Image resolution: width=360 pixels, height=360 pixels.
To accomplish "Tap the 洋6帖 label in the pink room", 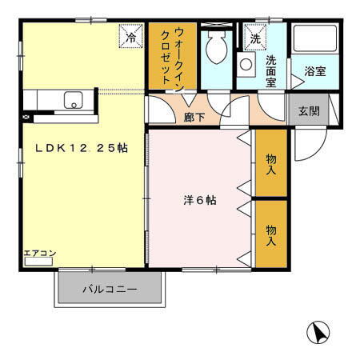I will pos(198,201).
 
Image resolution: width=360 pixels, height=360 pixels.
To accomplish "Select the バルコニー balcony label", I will pos(110,289).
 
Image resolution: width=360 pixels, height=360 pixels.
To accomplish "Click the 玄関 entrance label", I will pos(310,110).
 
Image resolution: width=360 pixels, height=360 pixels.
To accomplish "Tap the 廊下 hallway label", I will pos(195,117).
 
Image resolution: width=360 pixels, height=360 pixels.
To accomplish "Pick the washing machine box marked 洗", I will pos(255,38).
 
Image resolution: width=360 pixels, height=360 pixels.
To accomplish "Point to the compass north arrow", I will pos(318,332).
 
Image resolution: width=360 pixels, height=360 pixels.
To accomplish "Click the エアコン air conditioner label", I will pos(39,254).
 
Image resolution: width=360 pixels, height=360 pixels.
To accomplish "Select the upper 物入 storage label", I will pos(271,164).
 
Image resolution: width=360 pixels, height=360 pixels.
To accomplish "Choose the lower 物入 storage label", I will pos(271,235).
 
